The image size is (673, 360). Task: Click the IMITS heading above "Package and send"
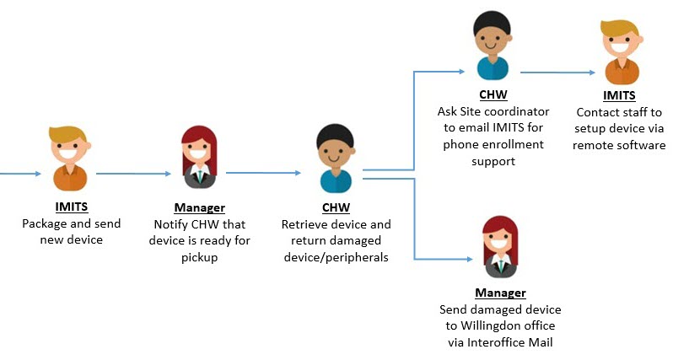[x=71, y=208]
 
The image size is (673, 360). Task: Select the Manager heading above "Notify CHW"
[x=201, y=208]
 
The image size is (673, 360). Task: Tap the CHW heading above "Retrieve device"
[x=336, y=207]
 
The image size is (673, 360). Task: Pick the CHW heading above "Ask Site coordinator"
[x=493, y=95]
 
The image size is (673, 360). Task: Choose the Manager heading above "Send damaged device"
[x=499, y=293]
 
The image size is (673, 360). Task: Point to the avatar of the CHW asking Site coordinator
[x=493, y=46]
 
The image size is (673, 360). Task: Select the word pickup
[x=201, y=257]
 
